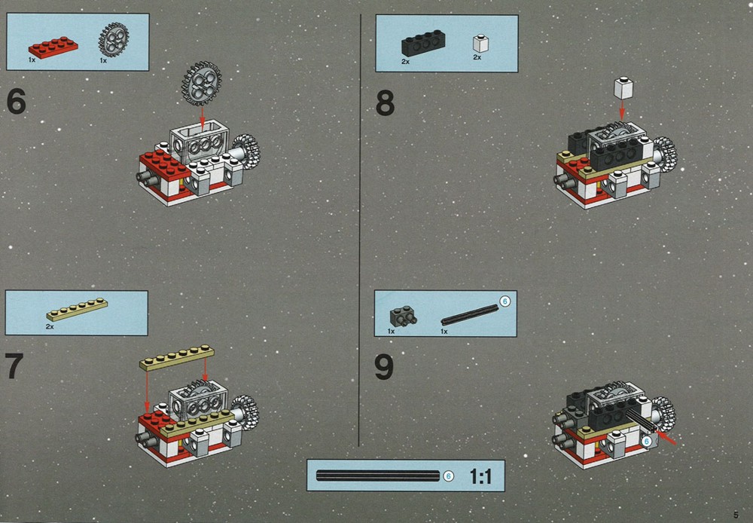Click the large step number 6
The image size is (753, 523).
17,102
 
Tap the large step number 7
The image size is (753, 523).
14,365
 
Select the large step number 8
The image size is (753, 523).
385,103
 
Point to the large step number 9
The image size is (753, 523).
384,368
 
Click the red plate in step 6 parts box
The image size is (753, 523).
53,47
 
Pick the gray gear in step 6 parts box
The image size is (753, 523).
114,40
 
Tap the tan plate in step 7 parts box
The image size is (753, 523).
77,310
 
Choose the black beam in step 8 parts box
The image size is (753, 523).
423,44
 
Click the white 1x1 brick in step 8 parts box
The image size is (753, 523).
480,43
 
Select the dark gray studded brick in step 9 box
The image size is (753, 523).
403,317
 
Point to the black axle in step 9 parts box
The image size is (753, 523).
469,315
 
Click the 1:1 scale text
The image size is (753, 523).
480,476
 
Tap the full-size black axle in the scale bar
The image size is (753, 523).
378,476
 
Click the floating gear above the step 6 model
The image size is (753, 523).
201,83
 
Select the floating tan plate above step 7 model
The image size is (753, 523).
177,358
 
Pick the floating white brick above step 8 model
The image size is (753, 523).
623,88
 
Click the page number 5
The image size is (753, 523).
736,515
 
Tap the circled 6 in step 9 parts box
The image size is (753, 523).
505,301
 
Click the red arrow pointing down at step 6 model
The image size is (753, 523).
202,118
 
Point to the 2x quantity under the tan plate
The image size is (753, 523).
50,327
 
